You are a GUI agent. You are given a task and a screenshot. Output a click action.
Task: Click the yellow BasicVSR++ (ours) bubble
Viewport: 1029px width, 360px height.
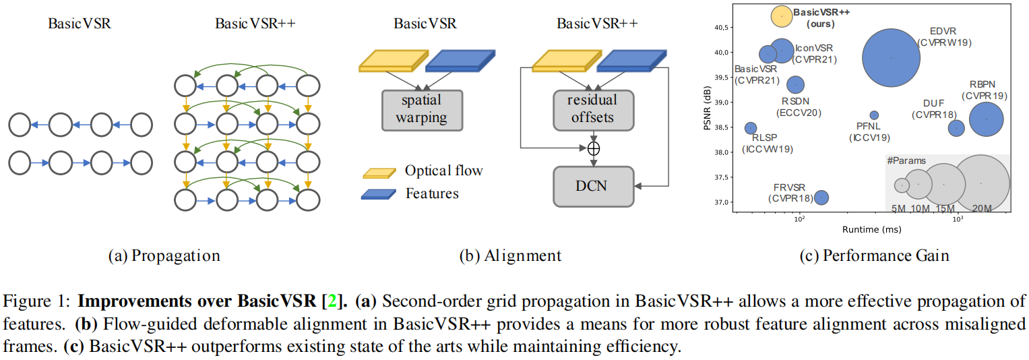click(x=781, y=16)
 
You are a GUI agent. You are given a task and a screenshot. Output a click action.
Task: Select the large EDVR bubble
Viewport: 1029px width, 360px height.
click(x=891, y=57)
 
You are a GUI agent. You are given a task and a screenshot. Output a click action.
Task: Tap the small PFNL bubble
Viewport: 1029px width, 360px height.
click(x=874, y=115)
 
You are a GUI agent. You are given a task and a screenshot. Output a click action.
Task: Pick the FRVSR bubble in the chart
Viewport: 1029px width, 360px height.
click(x=821, y=197)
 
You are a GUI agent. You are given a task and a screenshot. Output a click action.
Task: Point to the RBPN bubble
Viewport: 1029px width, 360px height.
click(x=987, y=119)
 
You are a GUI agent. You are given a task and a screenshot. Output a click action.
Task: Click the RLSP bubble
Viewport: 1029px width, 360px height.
click(x=750, y=128)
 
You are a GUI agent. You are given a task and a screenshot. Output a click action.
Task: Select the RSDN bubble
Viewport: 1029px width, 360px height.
click(x=796, y=84)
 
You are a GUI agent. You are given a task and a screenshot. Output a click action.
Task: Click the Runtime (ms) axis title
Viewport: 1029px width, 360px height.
click(x=871, y=230)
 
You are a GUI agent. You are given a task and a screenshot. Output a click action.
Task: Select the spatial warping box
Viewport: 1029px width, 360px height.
click(x=422, y=109)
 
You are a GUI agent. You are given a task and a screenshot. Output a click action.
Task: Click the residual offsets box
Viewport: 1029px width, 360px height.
click(x=593, y=109)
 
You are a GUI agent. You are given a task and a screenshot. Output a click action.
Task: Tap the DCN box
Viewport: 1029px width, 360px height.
click(x=594, y=185)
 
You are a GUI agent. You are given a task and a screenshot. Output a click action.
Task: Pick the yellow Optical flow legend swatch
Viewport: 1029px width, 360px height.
click(x=379, y=172)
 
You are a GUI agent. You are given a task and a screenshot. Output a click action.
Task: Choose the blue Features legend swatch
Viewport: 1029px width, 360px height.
click(x=379, y=194)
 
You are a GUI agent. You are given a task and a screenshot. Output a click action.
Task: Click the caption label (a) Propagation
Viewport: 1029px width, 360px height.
click(x=164, y=256)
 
